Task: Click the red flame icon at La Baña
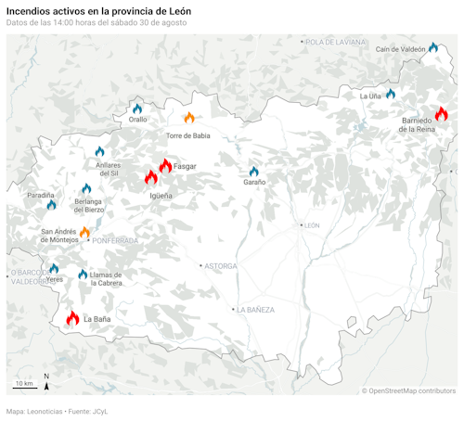(72, 318)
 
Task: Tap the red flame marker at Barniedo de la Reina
(441, 113)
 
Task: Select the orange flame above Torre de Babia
(189, 118)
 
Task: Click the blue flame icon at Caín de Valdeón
(433, 46)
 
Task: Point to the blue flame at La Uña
(391, 94)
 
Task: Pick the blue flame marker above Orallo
(137, 109)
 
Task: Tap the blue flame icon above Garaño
(253, 172)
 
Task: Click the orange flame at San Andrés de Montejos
(84, 231)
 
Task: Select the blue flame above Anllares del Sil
(99, 151)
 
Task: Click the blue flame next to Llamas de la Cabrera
(83, 274)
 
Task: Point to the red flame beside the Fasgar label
(165, 166)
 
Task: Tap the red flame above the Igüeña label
(151, 177)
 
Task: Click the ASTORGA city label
(220, 266)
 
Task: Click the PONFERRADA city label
(115, 241)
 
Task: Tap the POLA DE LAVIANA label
(335, 42)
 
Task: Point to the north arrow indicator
(46, 380)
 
